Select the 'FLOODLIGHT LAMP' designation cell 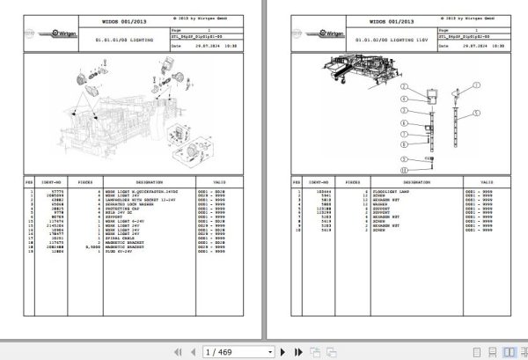[x=384, y=191]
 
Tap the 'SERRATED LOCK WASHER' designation [x=124, y=204]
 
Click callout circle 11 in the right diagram [x=405, y=168]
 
